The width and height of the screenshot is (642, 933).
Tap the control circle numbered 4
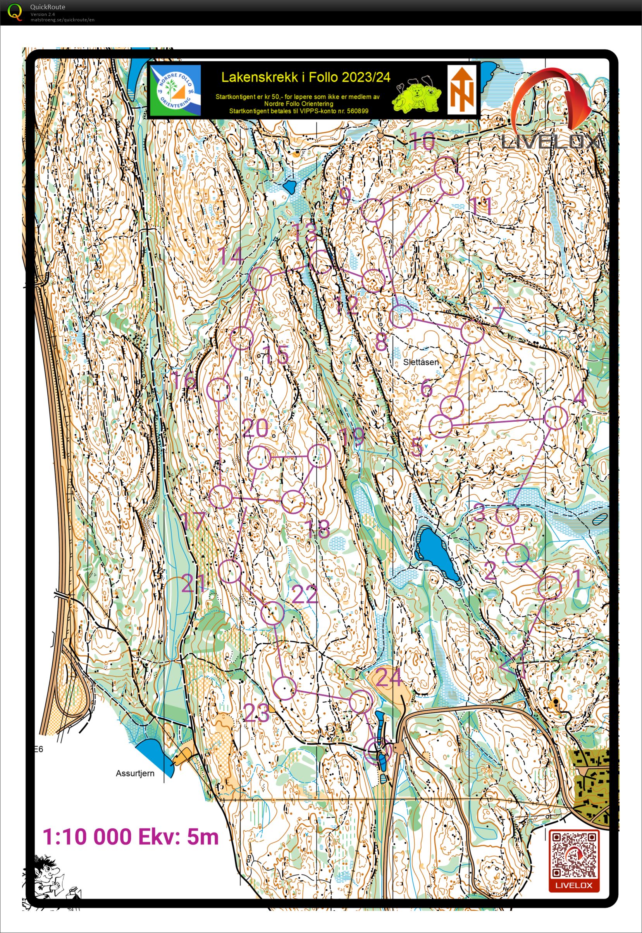tap(556, 417)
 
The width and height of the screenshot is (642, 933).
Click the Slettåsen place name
tap(421, 362)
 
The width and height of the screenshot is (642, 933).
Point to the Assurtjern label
tap(135, 773)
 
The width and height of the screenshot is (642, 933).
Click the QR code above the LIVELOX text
tap(574, 855)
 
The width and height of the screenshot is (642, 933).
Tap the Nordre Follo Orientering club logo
tap(175, 90)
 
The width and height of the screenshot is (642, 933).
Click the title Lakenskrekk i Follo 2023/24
tap(306, 77)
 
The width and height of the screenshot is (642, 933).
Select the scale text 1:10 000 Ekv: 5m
tap(131, 836)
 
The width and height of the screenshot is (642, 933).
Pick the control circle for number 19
tap(319, 456)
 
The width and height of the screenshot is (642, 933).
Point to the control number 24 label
tap(388, 677)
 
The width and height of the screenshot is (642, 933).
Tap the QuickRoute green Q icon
tap(15, 12)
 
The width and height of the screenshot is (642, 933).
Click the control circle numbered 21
tap(230, 571)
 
